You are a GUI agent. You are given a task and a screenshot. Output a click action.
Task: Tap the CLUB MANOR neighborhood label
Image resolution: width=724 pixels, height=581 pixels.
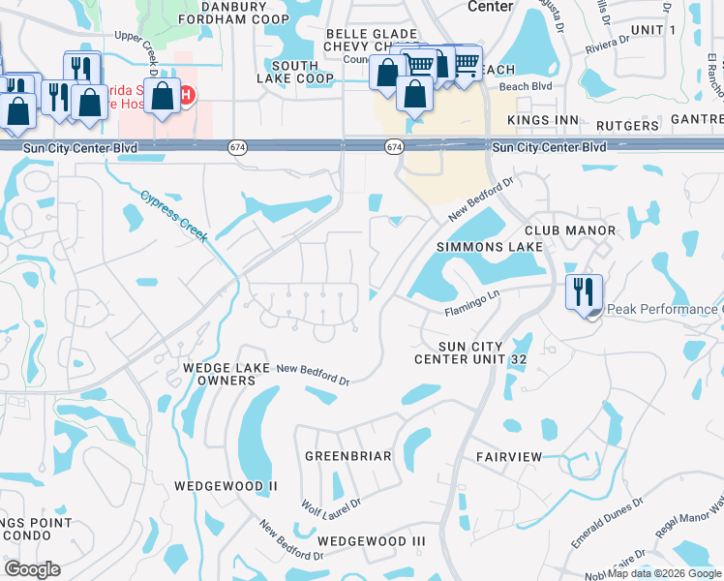(570, 230)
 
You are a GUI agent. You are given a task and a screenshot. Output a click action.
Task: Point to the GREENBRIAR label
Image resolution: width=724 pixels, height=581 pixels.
(347, 455)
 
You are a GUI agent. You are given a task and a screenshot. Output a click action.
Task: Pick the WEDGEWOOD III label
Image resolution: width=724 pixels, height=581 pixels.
(372, 540)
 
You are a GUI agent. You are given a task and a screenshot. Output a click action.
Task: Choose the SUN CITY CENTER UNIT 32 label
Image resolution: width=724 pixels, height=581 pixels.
(470, 352)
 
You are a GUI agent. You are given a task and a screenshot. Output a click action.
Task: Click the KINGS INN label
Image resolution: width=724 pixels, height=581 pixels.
(542, 120)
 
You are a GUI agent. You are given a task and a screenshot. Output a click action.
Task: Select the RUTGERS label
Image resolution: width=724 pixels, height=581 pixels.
(627, 126)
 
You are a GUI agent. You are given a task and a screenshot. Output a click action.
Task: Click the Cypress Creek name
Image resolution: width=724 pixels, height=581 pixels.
(174, 216)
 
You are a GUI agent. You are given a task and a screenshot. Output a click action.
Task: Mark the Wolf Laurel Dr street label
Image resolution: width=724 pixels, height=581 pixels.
(331, 505)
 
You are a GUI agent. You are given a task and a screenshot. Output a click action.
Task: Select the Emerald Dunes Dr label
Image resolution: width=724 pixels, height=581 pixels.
(607, 524)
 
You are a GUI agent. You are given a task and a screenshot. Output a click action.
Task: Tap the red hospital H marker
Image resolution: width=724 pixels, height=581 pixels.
(187, 95)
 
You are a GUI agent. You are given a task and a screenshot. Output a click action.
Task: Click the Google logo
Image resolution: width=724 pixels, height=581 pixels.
(32, 569)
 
